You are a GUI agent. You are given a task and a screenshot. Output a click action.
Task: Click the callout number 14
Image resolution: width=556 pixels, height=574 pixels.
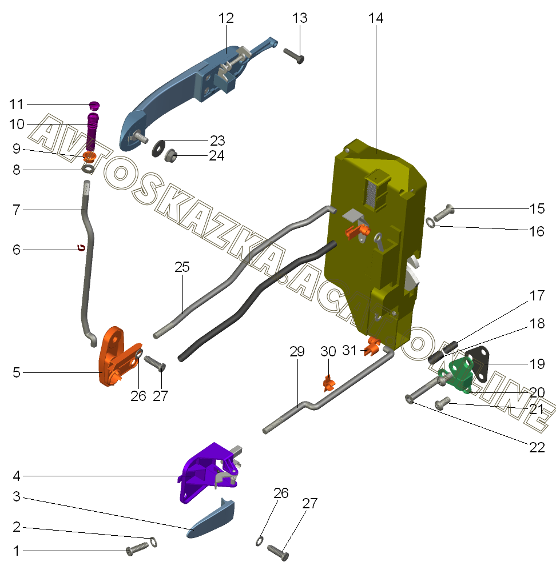pos(376,18)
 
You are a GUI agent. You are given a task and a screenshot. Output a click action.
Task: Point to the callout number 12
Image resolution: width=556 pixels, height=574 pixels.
pos(226,18)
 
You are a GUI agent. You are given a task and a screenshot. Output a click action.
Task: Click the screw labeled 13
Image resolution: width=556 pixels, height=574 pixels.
pos(294,55)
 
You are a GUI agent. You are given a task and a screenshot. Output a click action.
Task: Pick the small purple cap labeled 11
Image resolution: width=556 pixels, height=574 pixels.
pos(94,105)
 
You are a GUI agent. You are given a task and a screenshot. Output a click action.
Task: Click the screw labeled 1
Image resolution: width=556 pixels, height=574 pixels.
pos(137,549)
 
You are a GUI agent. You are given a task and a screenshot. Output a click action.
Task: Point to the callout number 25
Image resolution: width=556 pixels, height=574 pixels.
pos(182,267)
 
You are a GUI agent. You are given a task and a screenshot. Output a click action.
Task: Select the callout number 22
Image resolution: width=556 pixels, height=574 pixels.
pos(537,447)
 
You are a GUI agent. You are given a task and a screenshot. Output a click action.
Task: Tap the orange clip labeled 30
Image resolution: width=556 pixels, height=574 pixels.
pos(328,383)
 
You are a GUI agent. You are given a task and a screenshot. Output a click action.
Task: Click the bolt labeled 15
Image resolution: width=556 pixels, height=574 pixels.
pos(443,214)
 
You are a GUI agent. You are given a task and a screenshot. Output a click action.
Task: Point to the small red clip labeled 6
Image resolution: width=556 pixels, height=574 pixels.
pos(81,248)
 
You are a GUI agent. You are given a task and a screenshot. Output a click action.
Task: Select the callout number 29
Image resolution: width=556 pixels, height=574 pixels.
pos(297,352)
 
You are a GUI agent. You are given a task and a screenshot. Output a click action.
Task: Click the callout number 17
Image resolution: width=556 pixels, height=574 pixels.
pos(537,296)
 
